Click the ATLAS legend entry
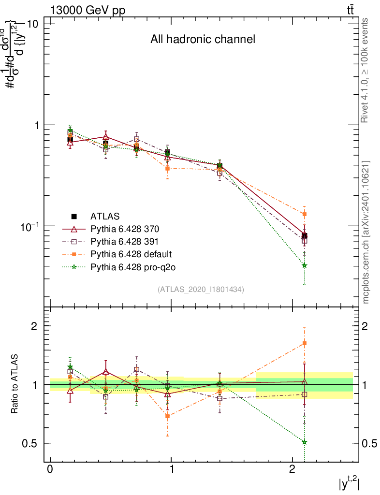(x=105, y=216)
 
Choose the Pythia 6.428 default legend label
(x=131, y=254)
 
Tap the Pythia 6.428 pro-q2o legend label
(x=132, y=266)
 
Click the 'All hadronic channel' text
(x=203, y=39)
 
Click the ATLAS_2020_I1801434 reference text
(x=201, y=289)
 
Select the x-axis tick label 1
(x=171, y=470)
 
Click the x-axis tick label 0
(x=50, y=470)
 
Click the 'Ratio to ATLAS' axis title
(x=15, y=384)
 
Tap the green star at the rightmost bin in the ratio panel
(x=305, y=442)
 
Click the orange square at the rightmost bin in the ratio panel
(x=305, y=343)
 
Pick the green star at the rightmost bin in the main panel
(x=305, y=265)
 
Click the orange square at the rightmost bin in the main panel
(x=305, y=214)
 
